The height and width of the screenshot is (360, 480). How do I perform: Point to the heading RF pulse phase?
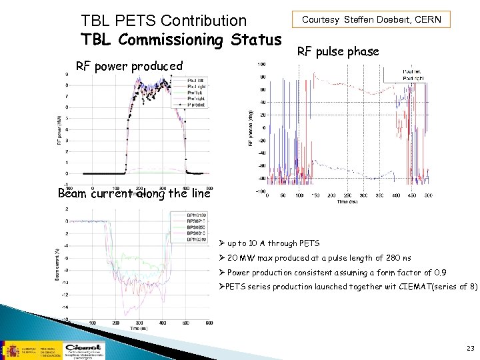pyautogui.click(x=338, y=51)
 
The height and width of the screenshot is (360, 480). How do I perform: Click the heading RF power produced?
pyautogui.click(x=129, y=65)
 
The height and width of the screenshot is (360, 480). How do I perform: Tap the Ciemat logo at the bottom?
pyautogui.click(x=83, y=349)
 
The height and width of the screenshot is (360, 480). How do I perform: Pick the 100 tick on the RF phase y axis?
pyautogui.click(x=262, y=65)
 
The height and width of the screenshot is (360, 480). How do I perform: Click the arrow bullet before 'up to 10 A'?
pyautogui.click(x=222, y=243)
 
